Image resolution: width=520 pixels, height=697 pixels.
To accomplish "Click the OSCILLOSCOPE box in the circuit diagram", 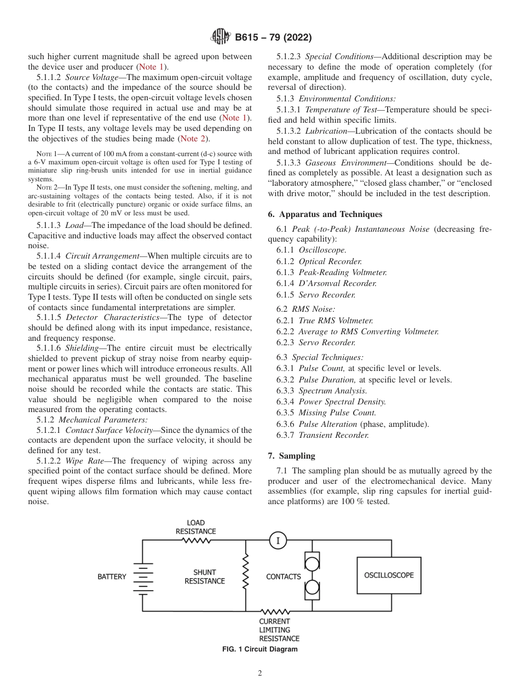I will pos(389,575).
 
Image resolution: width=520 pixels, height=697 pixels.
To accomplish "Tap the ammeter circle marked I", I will pos(278,541).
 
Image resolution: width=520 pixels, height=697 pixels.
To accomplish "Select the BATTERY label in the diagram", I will pos(112,576).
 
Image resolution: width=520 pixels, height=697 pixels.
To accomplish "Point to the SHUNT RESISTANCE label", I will pos(204,576).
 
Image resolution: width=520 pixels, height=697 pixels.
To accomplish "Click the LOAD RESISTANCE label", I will pos(195,527).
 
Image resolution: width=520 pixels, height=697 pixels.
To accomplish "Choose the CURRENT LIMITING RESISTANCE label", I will pos(279,630).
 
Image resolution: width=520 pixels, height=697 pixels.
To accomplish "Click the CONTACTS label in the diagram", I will pos(283,576).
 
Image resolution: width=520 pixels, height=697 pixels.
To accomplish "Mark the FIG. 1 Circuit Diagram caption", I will pos(259,649).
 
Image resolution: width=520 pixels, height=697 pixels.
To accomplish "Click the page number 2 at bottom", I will pos(260,673).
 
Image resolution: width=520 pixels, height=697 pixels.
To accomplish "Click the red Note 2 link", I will pos(193,139).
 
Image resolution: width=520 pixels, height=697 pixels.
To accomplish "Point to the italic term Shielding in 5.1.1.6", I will pos(82,348).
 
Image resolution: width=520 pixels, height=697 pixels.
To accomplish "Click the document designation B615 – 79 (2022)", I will pos(273,38).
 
